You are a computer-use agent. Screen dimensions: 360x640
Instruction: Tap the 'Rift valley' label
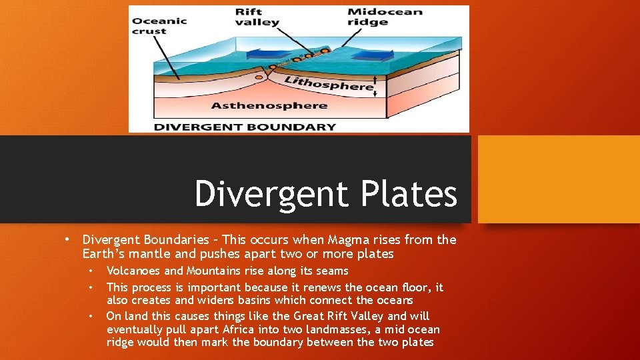pos(257,17)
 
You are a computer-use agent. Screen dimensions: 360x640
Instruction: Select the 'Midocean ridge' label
pos(385,17)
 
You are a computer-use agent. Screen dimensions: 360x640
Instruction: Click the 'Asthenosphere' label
pos(269,105)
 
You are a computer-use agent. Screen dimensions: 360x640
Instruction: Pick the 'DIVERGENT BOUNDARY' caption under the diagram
pos(245,126)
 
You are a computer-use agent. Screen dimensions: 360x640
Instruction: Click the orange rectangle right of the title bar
pos(559,179)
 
